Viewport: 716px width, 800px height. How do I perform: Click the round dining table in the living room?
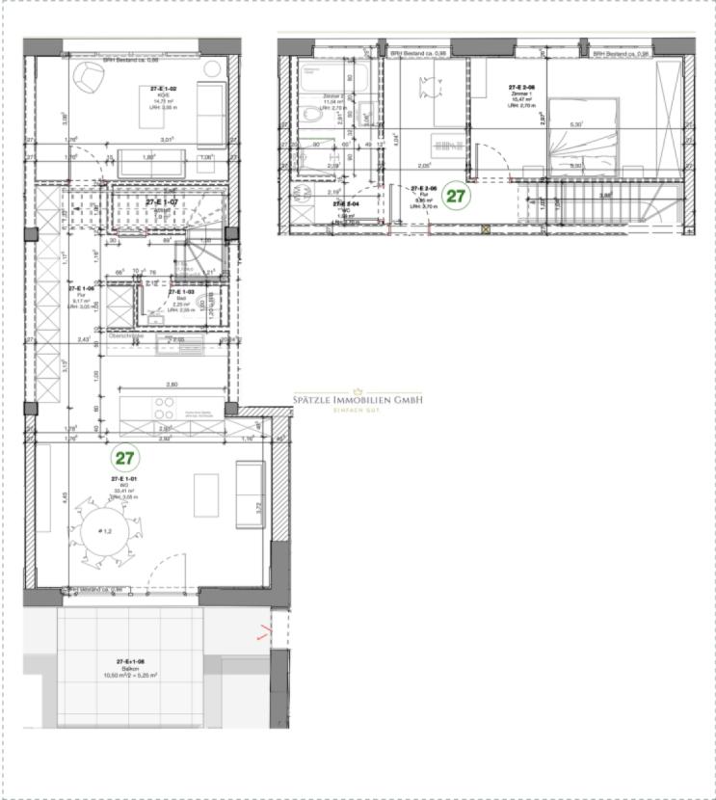[101, 530]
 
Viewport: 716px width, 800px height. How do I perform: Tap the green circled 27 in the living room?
[124, 456]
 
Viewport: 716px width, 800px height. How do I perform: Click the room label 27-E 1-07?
[162, 202]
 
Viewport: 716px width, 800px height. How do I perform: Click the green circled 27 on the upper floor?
[456, 196]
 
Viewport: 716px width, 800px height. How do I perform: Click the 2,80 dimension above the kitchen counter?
[172, 385]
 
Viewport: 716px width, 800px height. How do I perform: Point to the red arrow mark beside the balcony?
[264, 633]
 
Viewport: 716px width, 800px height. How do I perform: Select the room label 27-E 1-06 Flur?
[81, 293]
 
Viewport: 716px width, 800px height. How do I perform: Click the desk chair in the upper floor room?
[426, 88]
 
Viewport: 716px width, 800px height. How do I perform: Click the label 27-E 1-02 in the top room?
[164, 89]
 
